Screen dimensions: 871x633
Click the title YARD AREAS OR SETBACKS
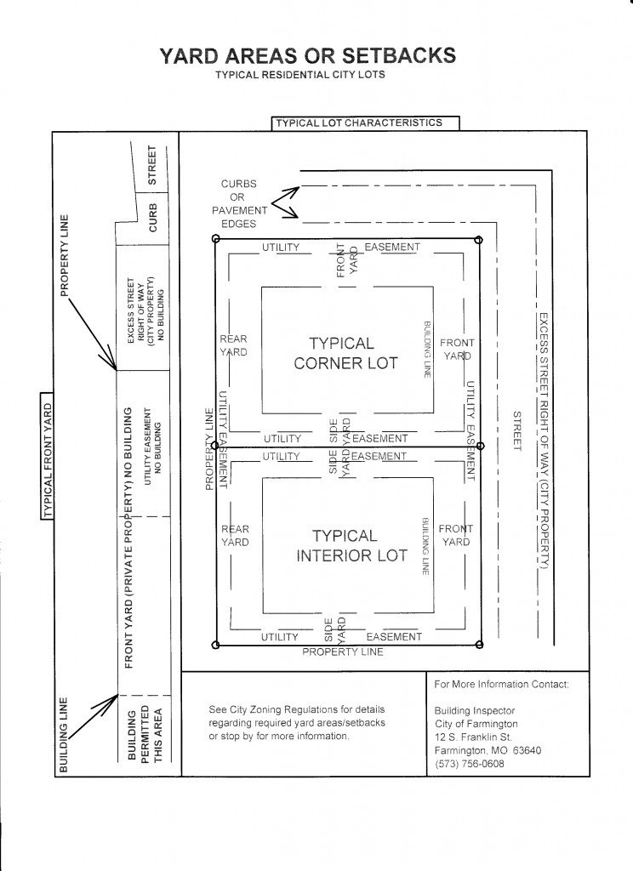[x=307, y=56]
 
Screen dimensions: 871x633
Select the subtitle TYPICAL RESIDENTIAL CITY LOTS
[x=300, y=75]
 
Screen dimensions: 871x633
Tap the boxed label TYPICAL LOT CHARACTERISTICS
[x=358, y=122]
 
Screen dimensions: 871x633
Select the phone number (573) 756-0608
[x=469, y=764]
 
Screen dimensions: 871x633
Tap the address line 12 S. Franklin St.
[x=472, y=737]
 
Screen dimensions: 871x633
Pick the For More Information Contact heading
[x=500, y=684]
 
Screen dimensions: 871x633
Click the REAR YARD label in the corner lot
[x=233, y=345]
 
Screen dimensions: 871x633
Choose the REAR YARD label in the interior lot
[x=235, y=535]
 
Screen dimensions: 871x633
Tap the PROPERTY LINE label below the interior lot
[x=343, y=652]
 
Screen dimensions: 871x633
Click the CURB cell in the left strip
[x=153, y=218]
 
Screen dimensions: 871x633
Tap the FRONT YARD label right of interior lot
[x=455, y=535]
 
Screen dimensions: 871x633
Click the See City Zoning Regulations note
[x=297, y=722]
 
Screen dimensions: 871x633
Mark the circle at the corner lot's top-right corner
[x=478, y=241]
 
